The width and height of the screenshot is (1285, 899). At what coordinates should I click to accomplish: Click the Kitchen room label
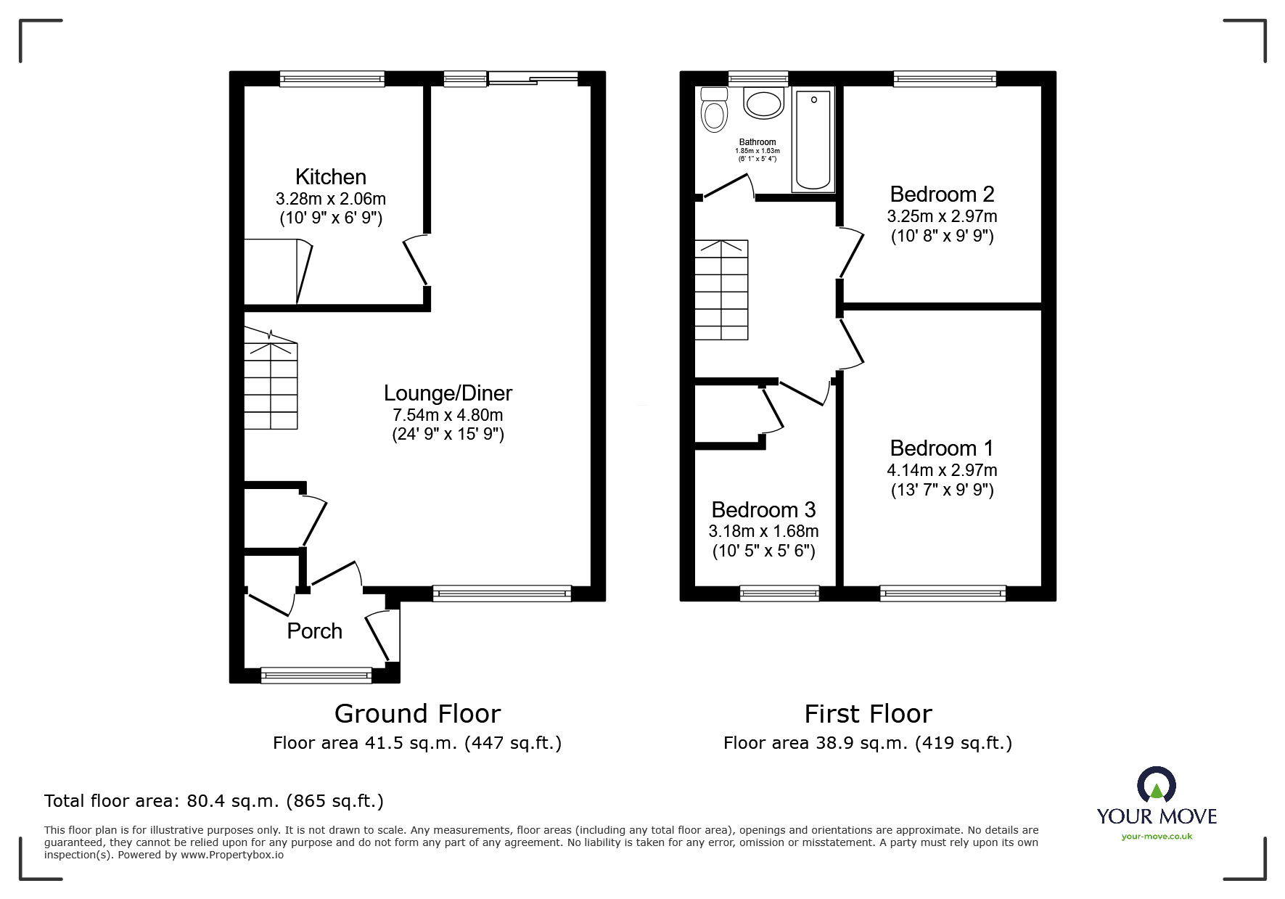pos(330,177)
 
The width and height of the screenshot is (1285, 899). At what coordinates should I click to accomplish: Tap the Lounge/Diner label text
pos(448,393)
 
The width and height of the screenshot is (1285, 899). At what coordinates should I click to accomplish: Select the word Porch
pos(314,631)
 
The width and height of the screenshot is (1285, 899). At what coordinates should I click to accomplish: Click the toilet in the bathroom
pos(715,111)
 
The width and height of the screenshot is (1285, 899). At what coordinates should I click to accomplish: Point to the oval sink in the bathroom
pos(763,104)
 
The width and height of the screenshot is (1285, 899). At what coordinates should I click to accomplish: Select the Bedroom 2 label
pos(942,194)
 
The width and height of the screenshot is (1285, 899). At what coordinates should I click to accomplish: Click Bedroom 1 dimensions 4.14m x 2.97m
pos(942,470)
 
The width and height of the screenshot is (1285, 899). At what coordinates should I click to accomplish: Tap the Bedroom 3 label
pos(763,509)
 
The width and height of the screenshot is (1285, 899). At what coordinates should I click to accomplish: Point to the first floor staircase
pos(721,290)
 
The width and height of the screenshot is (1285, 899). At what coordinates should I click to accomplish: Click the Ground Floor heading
pos(417,714)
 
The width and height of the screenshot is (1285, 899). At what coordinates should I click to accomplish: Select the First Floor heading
pos(868,714)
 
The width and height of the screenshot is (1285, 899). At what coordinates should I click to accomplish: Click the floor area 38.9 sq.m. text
pos(867,743)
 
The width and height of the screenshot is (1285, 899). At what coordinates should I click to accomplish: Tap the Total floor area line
pos(214,801)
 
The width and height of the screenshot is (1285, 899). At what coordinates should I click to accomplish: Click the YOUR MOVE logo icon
pos(1156,786)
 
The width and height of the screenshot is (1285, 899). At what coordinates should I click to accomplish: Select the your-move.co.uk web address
pos(1157,837)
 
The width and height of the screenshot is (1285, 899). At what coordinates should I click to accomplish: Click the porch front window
pos(316,676)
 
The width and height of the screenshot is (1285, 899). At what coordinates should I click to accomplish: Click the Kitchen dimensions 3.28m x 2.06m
pos(330,199)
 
